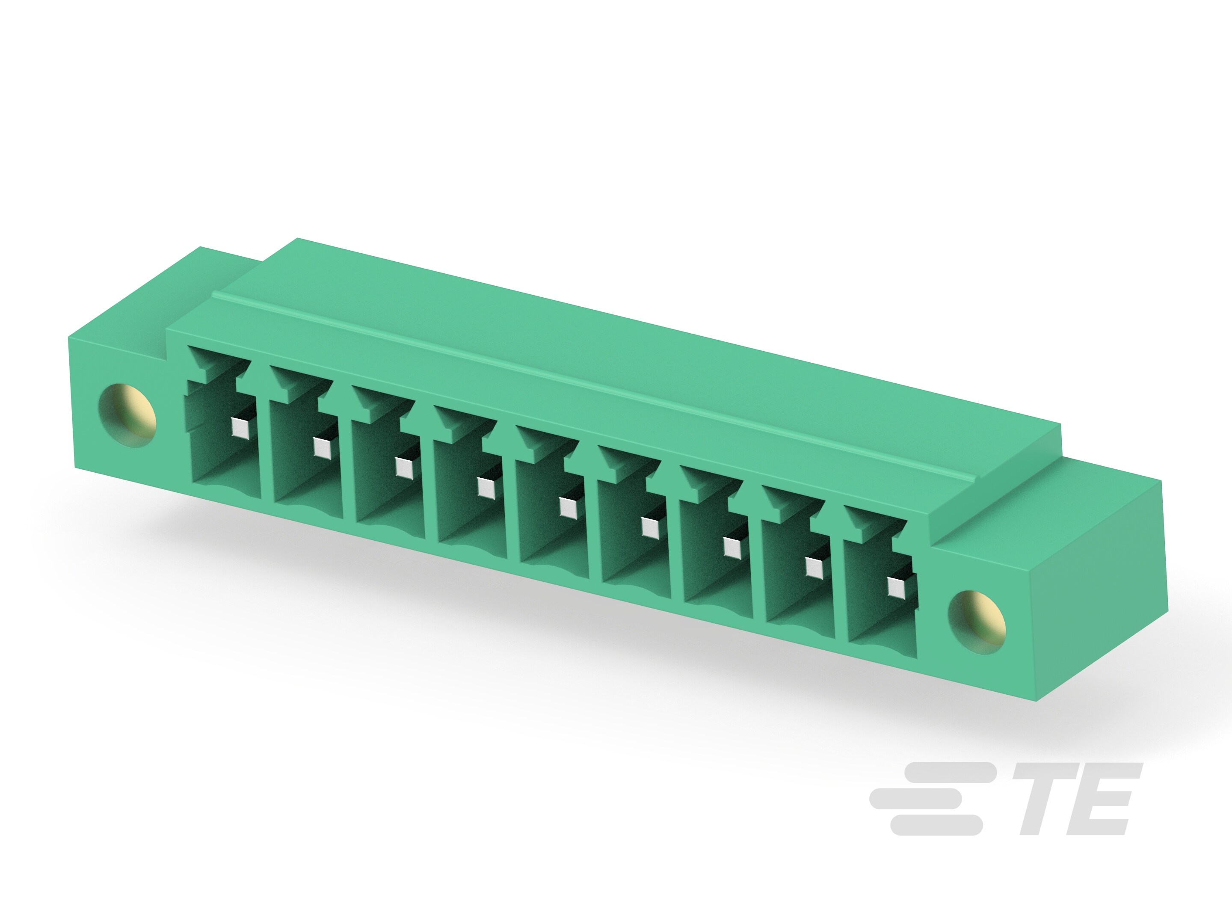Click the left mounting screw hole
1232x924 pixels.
(x=127, y=415)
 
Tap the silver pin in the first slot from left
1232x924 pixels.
(x=240, y=428)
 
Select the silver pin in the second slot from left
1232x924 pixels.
(x=321, y=447)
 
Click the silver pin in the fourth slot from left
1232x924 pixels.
(x=486, y=488)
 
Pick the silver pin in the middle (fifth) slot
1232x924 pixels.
(x=568, y=508)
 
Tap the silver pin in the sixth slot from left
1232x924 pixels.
(x=649, y=527)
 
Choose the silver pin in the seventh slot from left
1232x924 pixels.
(x=732, y=548)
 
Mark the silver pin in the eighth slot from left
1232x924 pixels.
(x=814, y=568)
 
